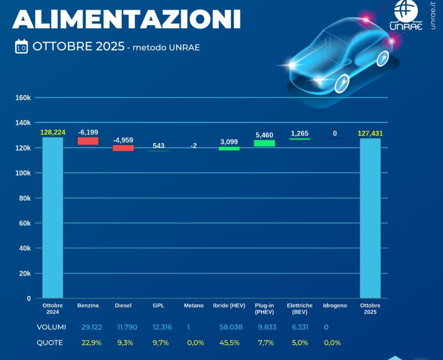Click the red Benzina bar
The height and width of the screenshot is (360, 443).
tap(88, 141)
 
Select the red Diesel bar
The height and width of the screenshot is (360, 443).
tap(123, 148)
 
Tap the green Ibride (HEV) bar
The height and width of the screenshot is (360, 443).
tap(229, 149)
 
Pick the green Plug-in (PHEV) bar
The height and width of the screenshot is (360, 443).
tap(264, 143)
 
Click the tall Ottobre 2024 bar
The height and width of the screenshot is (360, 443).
tap(53, 217)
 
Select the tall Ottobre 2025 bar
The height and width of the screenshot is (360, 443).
tap(370, 218)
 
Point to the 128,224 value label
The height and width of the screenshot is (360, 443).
tap(53, 132)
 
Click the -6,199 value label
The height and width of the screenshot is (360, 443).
tap(88, 132)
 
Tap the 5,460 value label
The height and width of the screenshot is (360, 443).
tap(264, 135)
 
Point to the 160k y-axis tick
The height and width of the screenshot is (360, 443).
tap(23, 98)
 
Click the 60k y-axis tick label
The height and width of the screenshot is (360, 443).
tap(25, 223)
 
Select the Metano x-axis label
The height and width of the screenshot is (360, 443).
tap(193, 306)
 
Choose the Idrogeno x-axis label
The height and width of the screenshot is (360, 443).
tap(335, 306)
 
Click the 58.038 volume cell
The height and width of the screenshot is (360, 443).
tap(231, 327)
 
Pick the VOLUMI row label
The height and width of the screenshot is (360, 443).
tap(52, 327)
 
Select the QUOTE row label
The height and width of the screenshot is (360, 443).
tap(50, 343)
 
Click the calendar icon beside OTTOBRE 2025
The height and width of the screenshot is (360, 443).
tap(21, 47)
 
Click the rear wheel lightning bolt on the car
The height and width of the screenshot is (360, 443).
tap(384, 58)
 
